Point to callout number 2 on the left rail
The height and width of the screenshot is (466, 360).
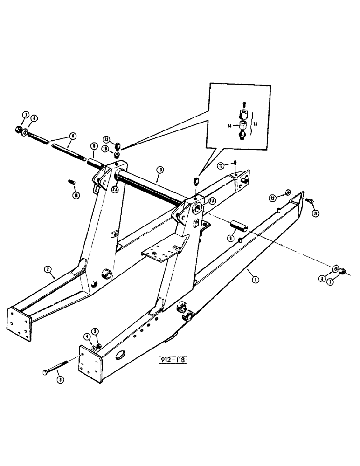(x=48, y=269)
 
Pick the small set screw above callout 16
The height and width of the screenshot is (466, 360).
(x=72, y=181)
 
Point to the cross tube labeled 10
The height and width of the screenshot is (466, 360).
(x=149, y=185)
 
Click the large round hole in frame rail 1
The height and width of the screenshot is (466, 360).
(x=120, y=357)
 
